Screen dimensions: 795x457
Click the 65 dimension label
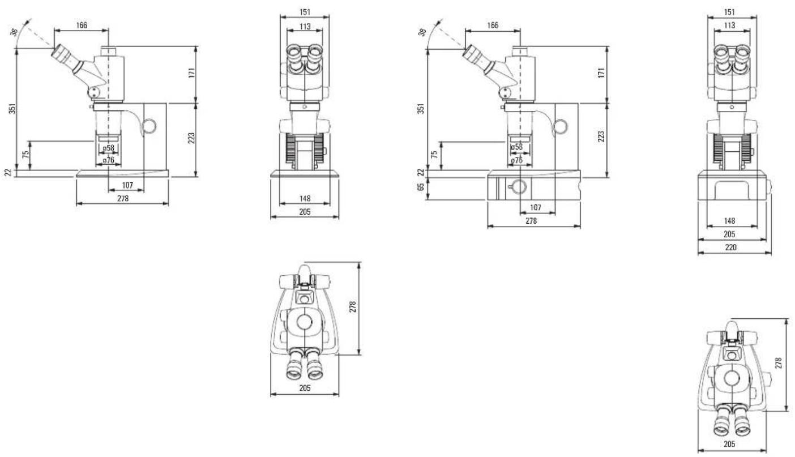click(421, 187)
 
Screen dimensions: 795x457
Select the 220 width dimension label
click(731, 247)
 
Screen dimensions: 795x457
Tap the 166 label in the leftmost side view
click(82, 25)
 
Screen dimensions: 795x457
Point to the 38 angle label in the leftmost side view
click(14, 32)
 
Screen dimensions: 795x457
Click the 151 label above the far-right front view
click(730, 12)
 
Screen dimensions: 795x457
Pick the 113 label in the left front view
click(305, 27)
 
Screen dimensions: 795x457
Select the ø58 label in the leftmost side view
click(109, 148)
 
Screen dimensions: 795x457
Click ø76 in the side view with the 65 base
click(517, 160)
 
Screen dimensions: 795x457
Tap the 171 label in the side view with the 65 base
click(601, 72)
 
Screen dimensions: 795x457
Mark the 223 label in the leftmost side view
click(191, 138)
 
